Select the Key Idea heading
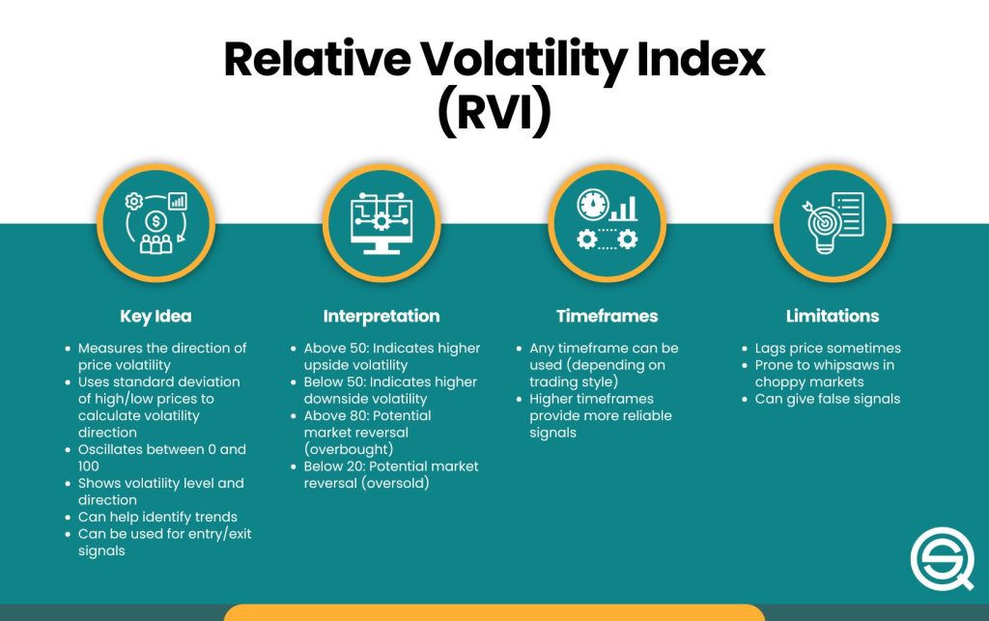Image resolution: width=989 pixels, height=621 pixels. coord(155,316)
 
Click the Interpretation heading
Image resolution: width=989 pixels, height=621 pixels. coord(381,316)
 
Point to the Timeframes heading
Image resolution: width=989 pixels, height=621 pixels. coord(607,316)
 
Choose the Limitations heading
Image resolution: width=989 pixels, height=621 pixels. coord(832,316)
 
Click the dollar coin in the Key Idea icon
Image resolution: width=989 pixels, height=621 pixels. coord(155,221)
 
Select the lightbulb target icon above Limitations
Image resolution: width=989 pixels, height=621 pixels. coord(821,223)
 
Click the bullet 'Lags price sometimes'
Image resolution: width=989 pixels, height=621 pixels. coord(828,348)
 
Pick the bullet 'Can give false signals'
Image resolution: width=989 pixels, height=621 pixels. coord(827,399)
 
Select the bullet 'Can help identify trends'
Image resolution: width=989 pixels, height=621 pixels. coord(157,517)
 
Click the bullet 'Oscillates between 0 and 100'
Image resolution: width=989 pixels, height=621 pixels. coord(161,458)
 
